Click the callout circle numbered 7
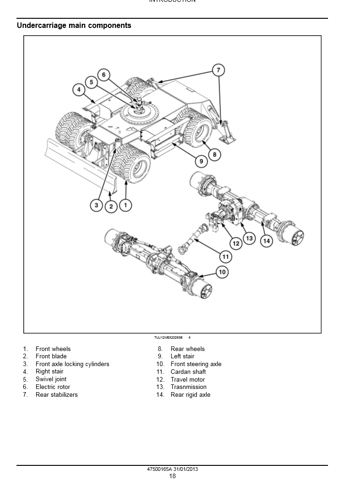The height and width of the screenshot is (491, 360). point(218,70)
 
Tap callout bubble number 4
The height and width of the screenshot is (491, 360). point(79,90)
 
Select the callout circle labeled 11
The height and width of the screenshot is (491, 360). point(226,256)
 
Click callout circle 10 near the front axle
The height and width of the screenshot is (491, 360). point(222,272)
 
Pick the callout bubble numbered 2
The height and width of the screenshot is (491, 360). point(111,206)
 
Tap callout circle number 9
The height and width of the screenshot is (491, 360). point(200,161)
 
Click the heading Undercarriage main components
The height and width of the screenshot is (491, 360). point(74,26)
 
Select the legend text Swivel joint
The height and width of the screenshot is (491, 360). point(51,379)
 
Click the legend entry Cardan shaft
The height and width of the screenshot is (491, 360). point(188,372)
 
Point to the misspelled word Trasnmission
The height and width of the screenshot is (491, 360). point(188,387)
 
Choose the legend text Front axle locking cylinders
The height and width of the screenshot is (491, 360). point(72,364)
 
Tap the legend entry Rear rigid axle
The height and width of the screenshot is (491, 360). point(190,395)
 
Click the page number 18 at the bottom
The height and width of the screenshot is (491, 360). point(172,476)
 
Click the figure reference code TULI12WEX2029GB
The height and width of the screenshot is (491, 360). point(168,337)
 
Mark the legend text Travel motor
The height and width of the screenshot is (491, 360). point(188,379)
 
